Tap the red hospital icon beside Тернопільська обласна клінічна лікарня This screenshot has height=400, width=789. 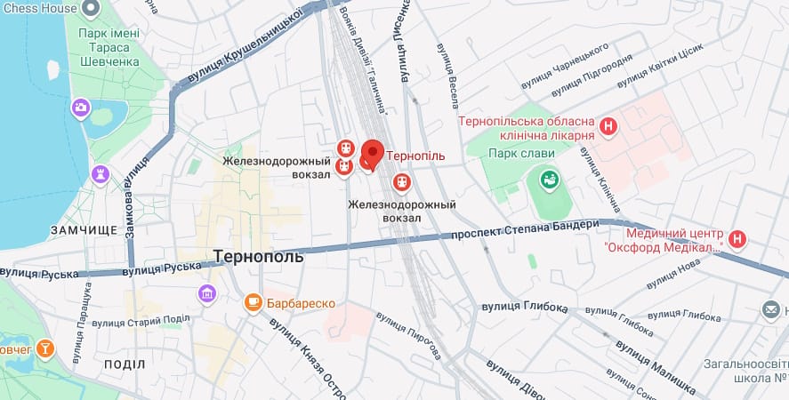click(x=608, y=127)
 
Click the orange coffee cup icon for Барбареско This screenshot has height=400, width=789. click(x=254, y=304)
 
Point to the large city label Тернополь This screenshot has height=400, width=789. click(x=259, y=256)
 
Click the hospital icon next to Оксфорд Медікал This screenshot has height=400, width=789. click(x=737, y=238)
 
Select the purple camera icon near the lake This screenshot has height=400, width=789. click(x=81, y=108)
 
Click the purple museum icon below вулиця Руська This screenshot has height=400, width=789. click(x=207, y=292)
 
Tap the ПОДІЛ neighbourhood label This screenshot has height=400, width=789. click(x=125, y=364)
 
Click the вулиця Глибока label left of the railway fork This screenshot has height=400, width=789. click(x=524, y=307)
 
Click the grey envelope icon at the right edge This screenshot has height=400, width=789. click(x=772, y=310)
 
